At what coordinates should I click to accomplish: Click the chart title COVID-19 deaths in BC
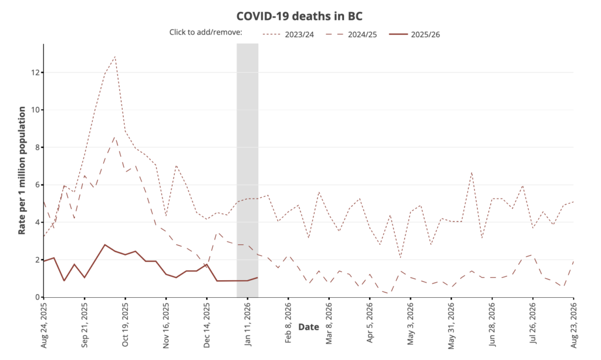pyautogui.click(x=300, y=15)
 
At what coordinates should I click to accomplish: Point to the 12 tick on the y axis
pyautogui.click(x=35, y=72)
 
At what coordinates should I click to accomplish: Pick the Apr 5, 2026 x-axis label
pyautogui.click(x=370, y=322)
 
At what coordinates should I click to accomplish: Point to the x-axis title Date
pyautogui.click(x=309, y=327)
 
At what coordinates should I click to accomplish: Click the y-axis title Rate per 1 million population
pyautogui.click(x=22, y=170)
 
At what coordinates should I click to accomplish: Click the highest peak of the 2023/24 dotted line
pyautogui.click(x=115, y=56)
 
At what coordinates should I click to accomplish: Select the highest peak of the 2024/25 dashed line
pyautogui.click(x=115, y=137)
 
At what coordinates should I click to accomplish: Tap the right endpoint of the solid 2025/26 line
pyautogui.click(x=258, y=278)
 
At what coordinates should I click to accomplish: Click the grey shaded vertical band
pyautogui.click(x=247, y=170)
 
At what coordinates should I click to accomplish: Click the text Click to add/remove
pyautogui.click(x=205, y=32)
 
